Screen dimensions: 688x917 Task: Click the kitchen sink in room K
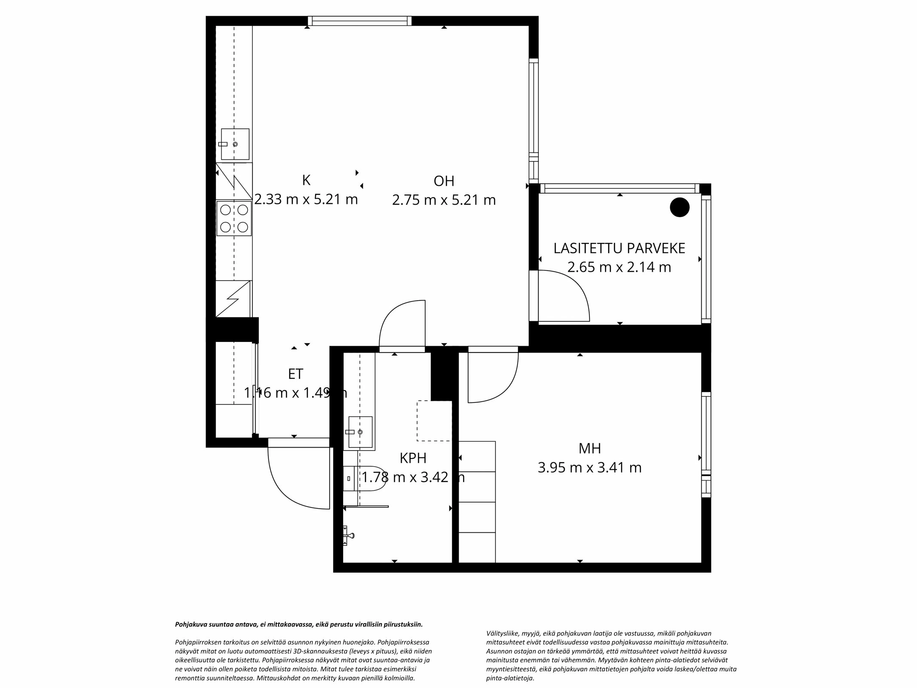[x=235, y=144]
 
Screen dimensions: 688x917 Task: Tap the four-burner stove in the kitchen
[x=234, y=218]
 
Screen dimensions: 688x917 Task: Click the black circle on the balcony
[x=679, y=207]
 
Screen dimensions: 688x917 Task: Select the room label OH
[x=444, y=181]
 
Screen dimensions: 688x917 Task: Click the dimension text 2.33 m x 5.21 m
[x=306, y=200]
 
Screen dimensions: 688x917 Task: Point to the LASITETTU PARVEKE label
[x=619, y=248]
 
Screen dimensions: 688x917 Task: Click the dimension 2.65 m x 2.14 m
[x=619, y=267]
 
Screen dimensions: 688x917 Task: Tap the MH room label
[x=589, y=448]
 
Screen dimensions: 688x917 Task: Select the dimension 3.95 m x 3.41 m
[x=589, y=467]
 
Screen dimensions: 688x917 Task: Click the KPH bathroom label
[x=413, y=458]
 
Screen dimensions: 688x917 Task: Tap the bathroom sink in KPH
[x=360, y=432]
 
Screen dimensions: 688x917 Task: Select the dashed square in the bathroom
[x=434, y=421]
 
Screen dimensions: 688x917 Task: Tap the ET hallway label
[x=295, y=374]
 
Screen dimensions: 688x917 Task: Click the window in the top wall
[x=359, y=21]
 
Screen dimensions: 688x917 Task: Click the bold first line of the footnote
[x=299, y=624]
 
